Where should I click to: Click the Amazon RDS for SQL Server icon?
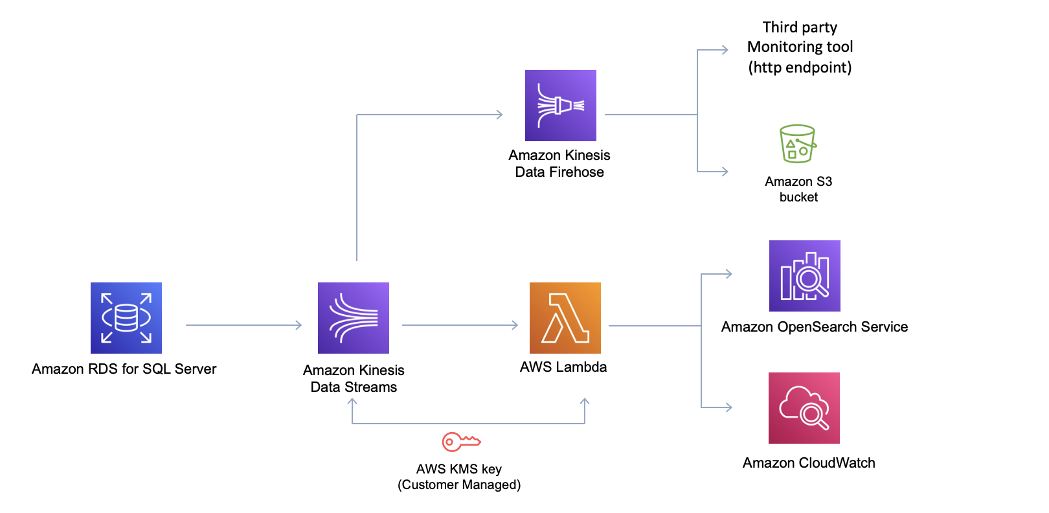pos(126,317)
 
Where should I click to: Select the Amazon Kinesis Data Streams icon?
pos(354,317)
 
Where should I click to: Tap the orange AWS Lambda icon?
pos(565,317)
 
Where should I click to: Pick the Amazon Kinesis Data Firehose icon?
pos(561,106)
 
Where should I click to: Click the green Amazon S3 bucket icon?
pos(798,144)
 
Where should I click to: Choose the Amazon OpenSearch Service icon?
pos(805,276)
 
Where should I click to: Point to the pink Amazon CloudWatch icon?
pos(804,408)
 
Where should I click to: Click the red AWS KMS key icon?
pos(461,442)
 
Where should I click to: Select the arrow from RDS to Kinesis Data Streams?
pos(243,325)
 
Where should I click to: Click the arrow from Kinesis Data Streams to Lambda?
pos(460,325)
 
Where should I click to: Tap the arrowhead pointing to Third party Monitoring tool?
pos(725,50)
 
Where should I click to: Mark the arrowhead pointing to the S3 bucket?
pos(725,172)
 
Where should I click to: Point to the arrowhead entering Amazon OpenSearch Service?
pos(728,274)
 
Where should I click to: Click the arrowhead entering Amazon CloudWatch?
pos(728,407)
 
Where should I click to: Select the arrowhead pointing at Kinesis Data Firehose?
pos(499,115)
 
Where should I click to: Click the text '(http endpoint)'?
pos(800,67)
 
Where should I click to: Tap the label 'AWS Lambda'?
pos(563,367)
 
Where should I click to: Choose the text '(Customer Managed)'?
pos(459,484)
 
